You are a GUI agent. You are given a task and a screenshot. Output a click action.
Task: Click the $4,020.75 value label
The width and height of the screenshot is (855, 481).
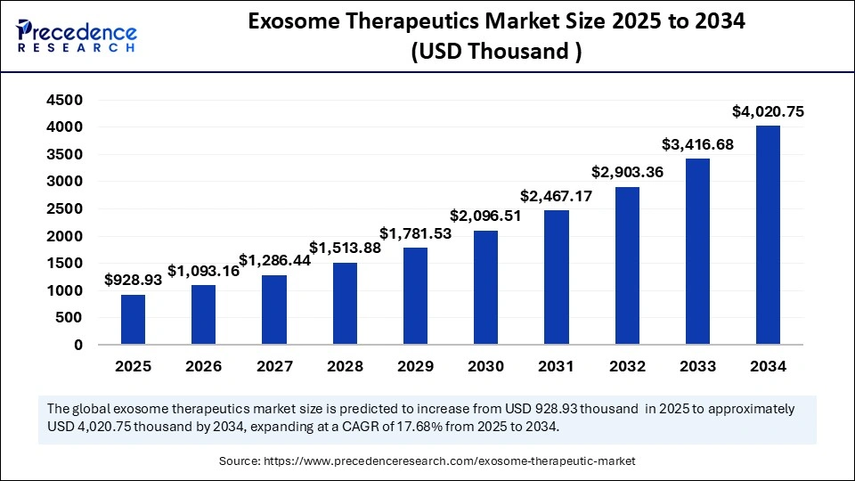tap(768, 111)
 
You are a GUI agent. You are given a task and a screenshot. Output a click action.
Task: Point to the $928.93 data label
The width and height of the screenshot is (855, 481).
tap(133, 280)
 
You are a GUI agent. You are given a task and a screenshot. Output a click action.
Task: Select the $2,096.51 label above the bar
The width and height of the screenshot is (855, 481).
tap(486, 216)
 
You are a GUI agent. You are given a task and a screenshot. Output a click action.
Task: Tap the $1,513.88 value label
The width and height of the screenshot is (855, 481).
tap(345, 248)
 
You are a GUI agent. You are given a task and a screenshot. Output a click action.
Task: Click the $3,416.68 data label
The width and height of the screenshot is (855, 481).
tap(697, 144)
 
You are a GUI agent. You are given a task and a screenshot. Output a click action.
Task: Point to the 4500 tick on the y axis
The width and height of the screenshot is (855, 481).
tap(65, 101)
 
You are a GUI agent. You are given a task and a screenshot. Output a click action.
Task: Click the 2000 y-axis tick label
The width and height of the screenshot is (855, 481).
tap(65, 236)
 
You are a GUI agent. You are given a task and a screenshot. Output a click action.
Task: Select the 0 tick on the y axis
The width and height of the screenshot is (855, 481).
tap(78, 345)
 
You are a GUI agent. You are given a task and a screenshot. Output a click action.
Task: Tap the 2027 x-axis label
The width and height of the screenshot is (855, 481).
tap(274, 366)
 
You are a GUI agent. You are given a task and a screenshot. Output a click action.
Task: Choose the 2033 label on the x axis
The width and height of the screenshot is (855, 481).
tap(697, 366)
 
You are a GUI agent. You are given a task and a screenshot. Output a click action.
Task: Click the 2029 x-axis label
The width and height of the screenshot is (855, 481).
tap(415, 366)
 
